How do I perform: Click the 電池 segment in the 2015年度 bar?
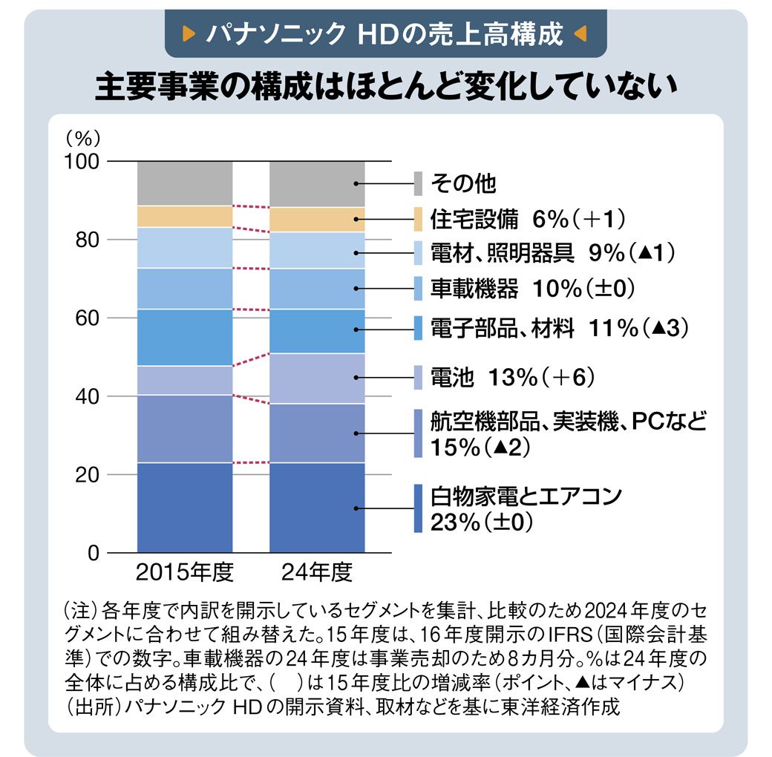click(x=185, y=380)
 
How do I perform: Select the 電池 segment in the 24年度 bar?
click(x=317, y=378)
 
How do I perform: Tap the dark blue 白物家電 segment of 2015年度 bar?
click(x=185, y=508)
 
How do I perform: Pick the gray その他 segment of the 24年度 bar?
click(x=317, y=183)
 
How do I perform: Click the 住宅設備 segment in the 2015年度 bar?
click(x=185, y=217)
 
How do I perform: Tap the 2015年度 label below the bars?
click(x=185, y=574)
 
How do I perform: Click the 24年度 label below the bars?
click(x=317, y=574)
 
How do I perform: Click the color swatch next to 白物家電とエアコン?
click(x=419, y=508)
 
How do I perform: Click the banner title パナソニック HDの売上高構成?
click(x=384, y=33)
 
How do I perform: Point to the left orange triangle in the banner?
click(x=189, y=33)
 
